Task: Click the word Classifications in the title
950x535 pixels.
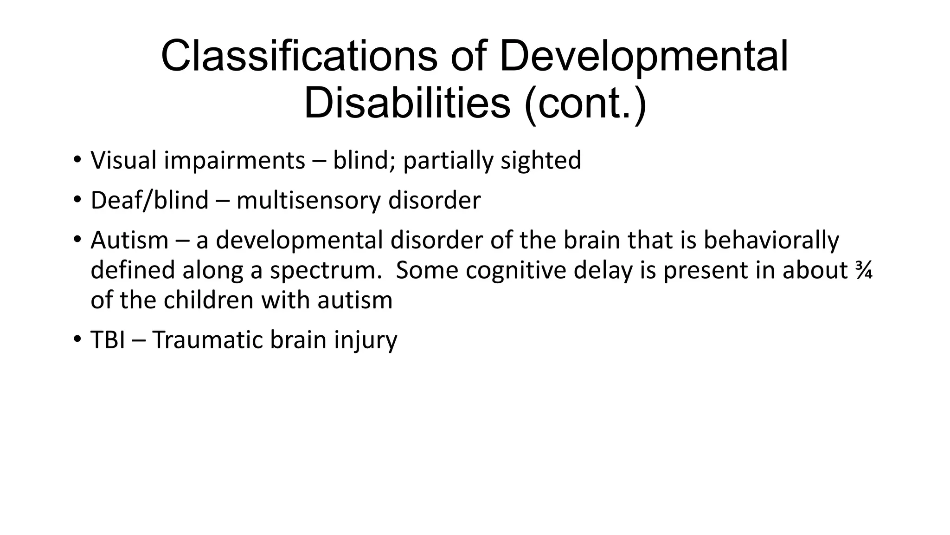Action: [x=299, y=57]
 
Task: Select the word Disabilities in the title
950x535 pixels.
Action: [x=407, y=103]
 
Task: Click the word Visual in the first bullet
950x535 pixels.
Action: [x=123, y=160]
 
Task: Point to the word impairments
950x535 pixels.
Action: [x=234, y=161]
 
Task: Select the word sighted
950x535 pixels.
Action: [x=541, y=161]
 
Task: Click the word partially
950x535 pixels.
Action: [x=448, y=161]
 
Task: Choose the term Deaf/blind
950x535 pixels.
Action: [x=149, y=201]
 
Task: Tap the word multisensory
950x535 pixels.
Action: [x=308, y=201]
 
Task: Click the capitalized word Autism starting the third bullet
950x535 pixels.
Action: [x=129, y=241]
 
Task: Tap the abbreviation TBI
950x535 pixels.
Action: [x=108, y=340]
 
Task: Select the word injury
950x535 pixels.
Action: [x=366, y=340]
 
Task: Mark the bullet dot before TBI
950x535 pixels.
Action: [x=77, y=339]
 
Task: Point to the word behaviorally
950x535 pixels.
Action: [x=771, y=241]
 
